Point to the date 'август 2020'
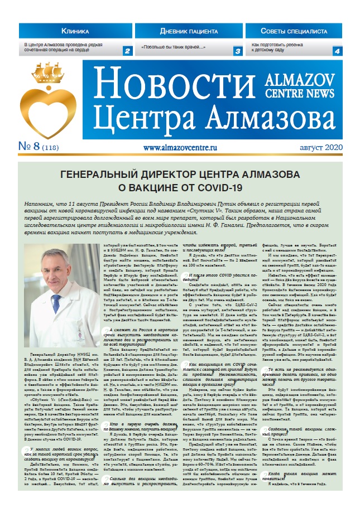tap(314, 148)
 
